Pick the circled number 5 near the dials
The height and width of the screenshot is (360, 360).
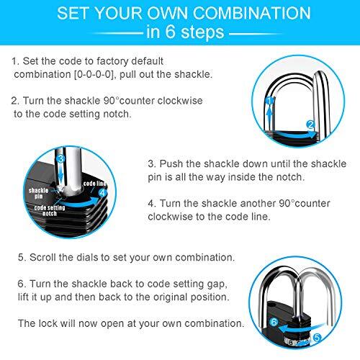pyautogui.click(x=338, y=345)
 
